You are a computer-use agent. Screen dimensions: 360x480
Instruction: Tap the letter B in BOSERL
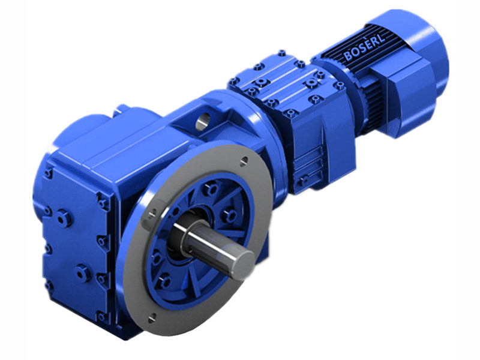347,57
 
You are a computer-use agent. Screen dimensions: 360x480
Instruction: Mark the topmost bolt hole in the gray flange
243,161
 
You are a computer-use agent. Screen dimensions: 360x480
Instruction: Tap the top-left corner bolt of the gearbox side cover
47,173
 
